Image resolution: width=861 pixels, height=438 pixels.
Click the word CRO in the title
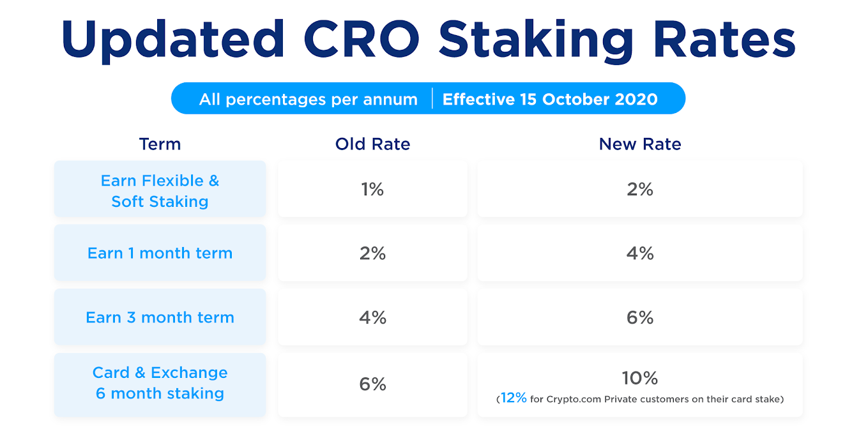pos(362,39)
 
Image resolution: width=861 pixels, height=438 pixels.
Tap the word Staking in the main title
pos(536,41)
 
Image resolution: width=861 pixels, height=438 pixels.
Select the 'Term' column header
pos(160,144)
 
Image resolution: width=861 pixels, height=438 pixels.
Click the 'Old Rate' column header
pos(372,144)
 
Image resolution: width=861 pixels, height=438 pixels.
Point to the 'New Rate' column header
pos(640,144)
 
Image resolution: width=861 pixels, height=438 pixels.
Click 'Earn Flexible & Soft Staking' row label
pos(160,191)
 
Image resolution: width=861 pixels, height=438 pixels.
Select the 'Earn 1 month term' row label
pos(160,253)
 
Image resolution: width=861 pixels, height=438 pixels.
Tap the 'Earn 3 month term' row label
pos(160,317)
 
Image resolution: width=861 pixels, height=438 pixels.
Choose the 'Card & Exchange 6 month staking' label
pos(160,382)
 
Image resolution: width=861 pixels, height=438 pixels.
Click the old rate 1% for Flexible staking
pos(372,189)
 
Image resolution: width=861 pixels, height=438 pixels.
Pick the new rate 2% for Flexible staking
pos(640,189)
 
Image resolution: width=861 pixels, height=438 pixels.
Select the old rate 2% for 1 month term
pos(372,253)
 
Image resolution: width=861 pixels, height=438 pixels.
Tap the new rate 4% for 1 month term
pos(640,253)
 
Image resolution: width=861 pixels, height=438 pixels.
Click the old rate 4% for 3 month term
pos(372,317)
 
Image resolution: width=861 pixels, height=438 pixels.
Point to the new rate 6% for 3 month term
pos(640,317)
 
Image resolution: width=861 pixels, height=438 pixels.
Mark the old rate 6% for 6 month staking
pos(372,384)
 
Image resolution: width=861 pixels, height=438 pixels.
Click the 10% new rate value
pos(640,378)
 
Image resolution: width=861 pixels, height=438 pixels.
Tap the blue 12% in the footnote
pos(514,398)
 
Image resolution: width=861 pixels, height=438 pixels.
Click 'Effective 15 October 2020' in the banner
pos(550,99)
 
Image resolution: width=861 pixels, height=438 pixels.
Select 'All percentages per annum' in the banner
pos(309,100)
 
